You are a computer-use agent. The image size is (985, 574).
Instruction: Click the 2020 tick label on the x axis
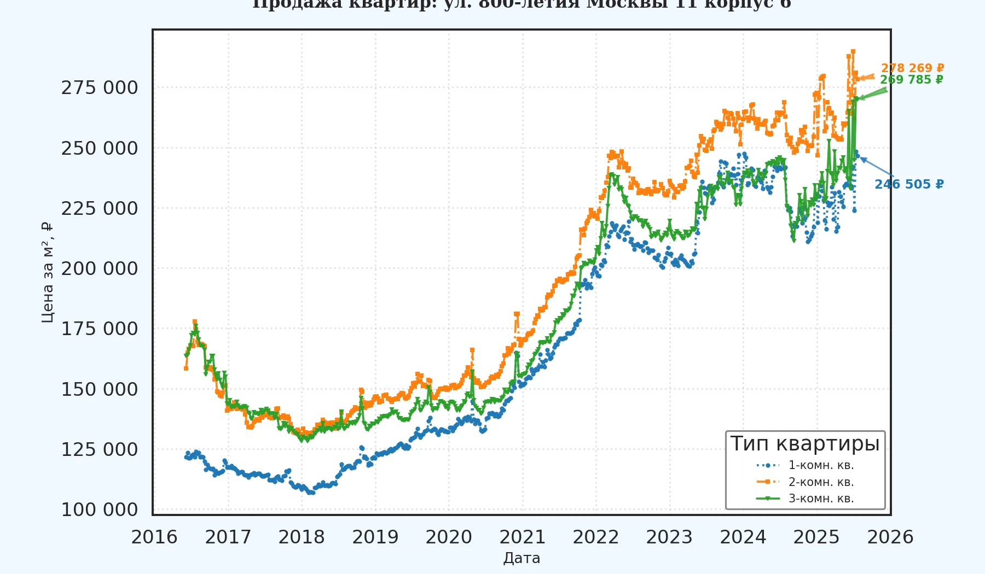tap(449, 537)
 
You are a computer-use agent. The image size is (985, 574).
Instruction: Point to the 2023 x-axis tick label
tap(669, 537)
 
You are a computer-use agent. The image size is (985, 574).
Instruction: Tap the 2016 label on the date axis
tap(154, 537)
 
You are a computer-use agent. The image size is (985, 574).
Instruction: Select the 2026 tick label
tap(890, 537)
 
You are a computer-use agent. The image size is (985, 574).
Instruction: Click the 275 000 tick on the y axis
tap(100, 88)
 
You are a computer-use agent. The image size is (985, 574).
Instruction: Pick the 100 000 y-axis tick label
tap(100, 510)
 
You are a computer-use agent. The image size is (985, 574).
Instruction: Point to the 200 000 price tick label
tap(100, 269)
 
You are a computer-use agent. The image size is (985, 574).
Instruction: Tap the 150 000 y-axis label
tap(100, 390)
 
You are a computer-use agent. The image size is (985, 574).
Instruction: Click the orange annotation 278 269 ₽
tap(912, 68)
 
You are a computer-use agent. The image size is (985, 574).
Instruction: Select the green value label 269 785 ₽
tap(912, 80)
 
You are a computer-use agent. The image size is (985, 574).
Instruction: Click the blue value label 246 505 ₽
tap(909, 185)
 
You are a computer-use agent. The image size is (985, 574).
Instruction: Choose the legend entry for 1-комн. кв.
tap(821, 466)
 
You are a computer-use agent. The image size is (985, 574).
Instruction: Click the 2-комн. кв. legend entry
tap(821, 482)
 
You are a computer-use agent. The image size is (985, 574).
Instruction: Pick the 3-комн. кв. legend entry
tap(821, 499)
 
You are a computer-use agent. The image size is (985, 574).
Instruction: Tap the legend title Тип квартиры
tap(805, 443)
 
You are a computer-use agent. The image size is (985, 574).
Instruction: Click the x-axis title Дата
tap(522, 558)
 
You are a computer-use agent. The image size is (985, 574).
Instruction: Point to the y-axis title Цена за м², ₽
tap(48, 272)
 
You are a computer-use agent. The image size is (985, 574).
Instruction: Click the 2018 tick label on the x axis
tap(302, 537)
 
